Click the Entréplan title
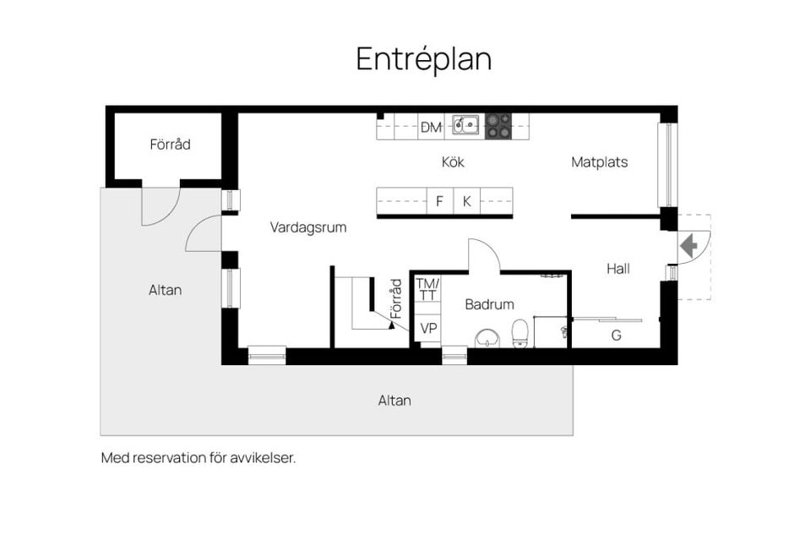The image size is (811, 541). (423, 59)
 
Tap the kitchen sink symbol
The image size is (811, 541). (465, 125)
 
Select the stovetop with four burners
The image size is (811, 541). (498, 126)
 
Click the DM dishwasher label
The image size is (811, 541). (431, 128)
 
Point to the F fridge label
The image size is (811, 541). (439, 201)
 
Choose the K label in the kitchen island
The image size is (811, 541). (466, 201)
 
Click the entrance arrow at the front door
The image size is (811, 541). (689, 245)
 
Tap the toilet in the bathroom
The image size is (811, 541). (520, 333)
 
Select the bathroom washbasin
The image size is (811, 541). (487, 338)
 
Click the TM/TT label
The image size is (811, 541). (427, 289)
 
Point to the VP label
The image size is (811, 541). (428, 328)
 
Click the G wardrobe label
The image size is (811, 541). (616, 336)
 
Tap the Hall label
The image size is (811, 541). (618, 269)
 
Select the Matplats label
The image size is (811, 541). (600, 162)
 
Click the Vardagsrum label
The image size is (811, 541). (308, 227)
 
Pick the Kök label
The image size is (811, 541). (453, 161)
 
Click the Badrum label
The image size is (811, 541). (489, 304)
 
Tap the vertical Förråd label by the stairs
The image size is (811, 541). (396, 298)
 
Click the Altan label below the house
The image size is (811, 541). (395, 400)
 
